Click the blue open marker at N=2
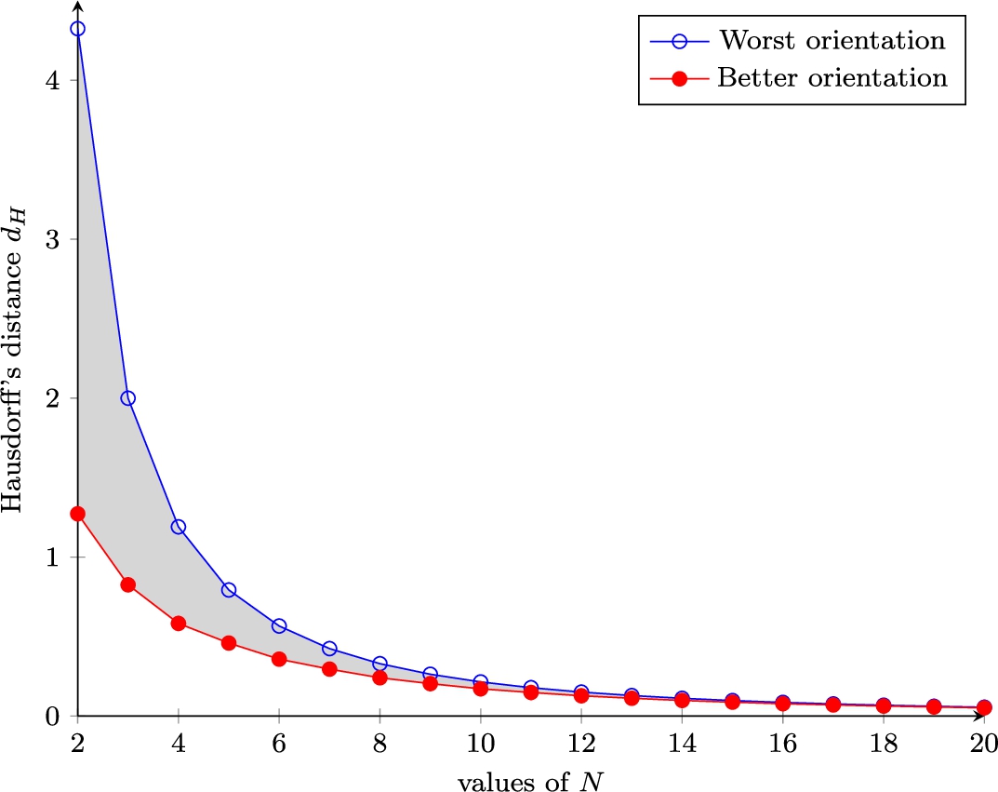pyautogui.click(x=77, y=29)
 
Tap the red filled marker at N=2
pyautogui.click(x=77, y=514)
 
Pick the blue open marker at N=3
pyautogui.click(x=128, y=397)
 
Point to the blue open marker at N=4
pyautogui.click(x=179, y=527)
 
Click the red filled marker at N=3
pyautogui.click(x=128, y=584)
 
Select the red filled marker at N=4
pyautogui.click(x=179, y=623)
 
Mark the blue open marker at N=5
pyautogui.click(x=229, y=590)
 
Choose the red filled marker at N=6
pyautogui.click(x=279, y=659)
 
